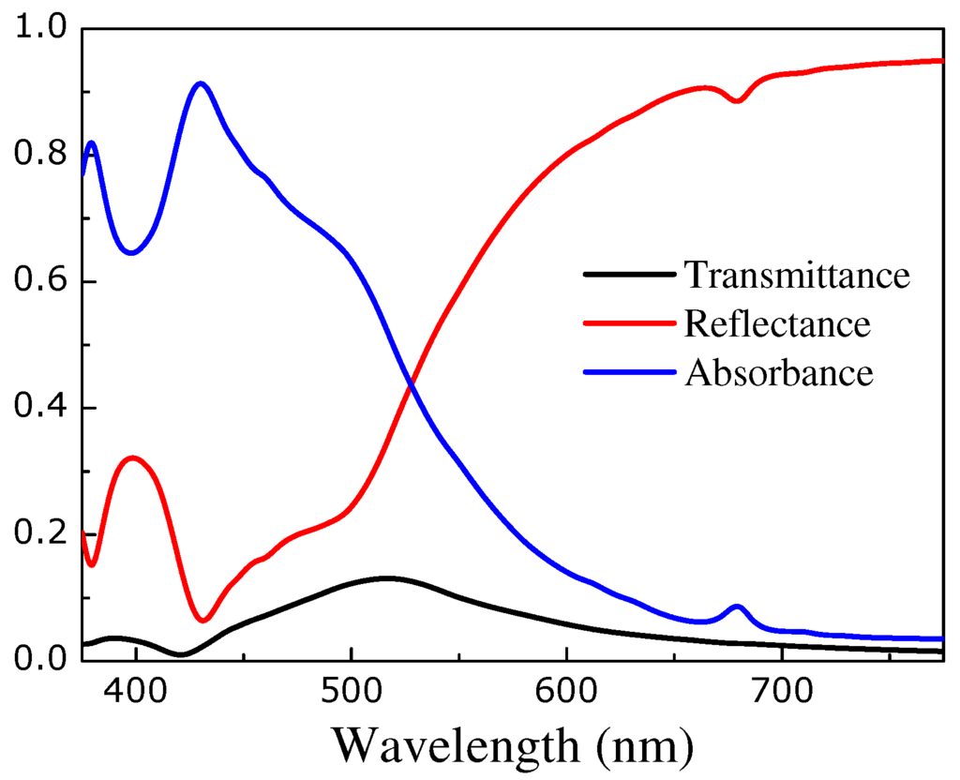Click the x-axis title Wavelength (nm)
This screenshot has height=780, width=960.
tap(513, 745)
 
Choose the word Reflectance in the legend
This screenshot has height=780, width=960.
tap(777, 324)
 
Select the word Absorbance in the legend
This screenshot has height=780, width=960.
tap(779, 373)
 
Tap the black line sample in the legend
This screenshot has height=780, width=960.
tap(629, 275)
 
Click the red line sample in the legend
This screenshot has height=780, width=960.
tap(629, 323)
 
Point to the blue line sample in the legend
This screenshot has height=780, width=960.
tap(629, 372)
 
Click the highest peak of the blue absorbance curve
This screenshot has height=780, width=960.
tap(200, 83)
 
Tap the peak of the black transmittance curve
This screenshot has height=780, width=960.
tap(387, 578)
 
